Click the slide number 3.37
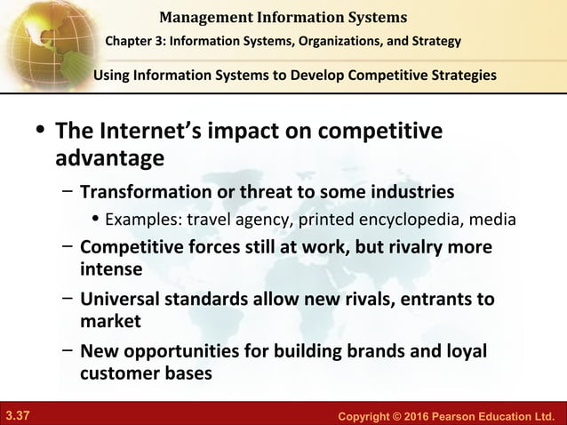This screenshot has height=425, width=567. click(x=17, y=415)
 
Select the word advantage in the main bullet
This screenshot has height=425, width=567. click(x=109, y=159)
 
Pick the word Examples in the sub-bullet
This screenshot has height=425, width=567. click(x=138, y=220)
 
